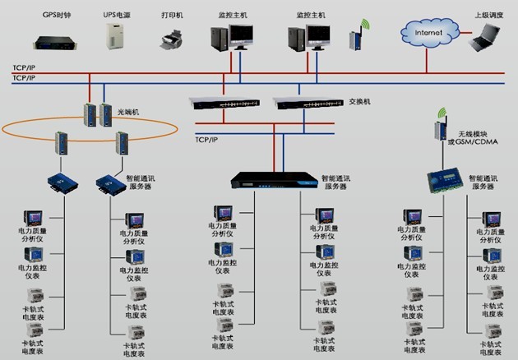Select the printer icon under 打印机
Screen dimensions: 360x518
pos(170,39)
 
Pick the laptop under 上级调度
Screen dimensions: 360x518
pos(484,36)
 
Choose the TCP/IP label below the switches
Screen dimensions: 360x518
pos(206,141)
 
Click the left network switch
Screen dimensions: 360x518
pos(224,103)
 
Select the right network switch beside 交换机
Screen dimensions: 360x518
pos(309,103)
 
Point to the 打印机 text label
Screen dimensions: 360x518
pos(172,14)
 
